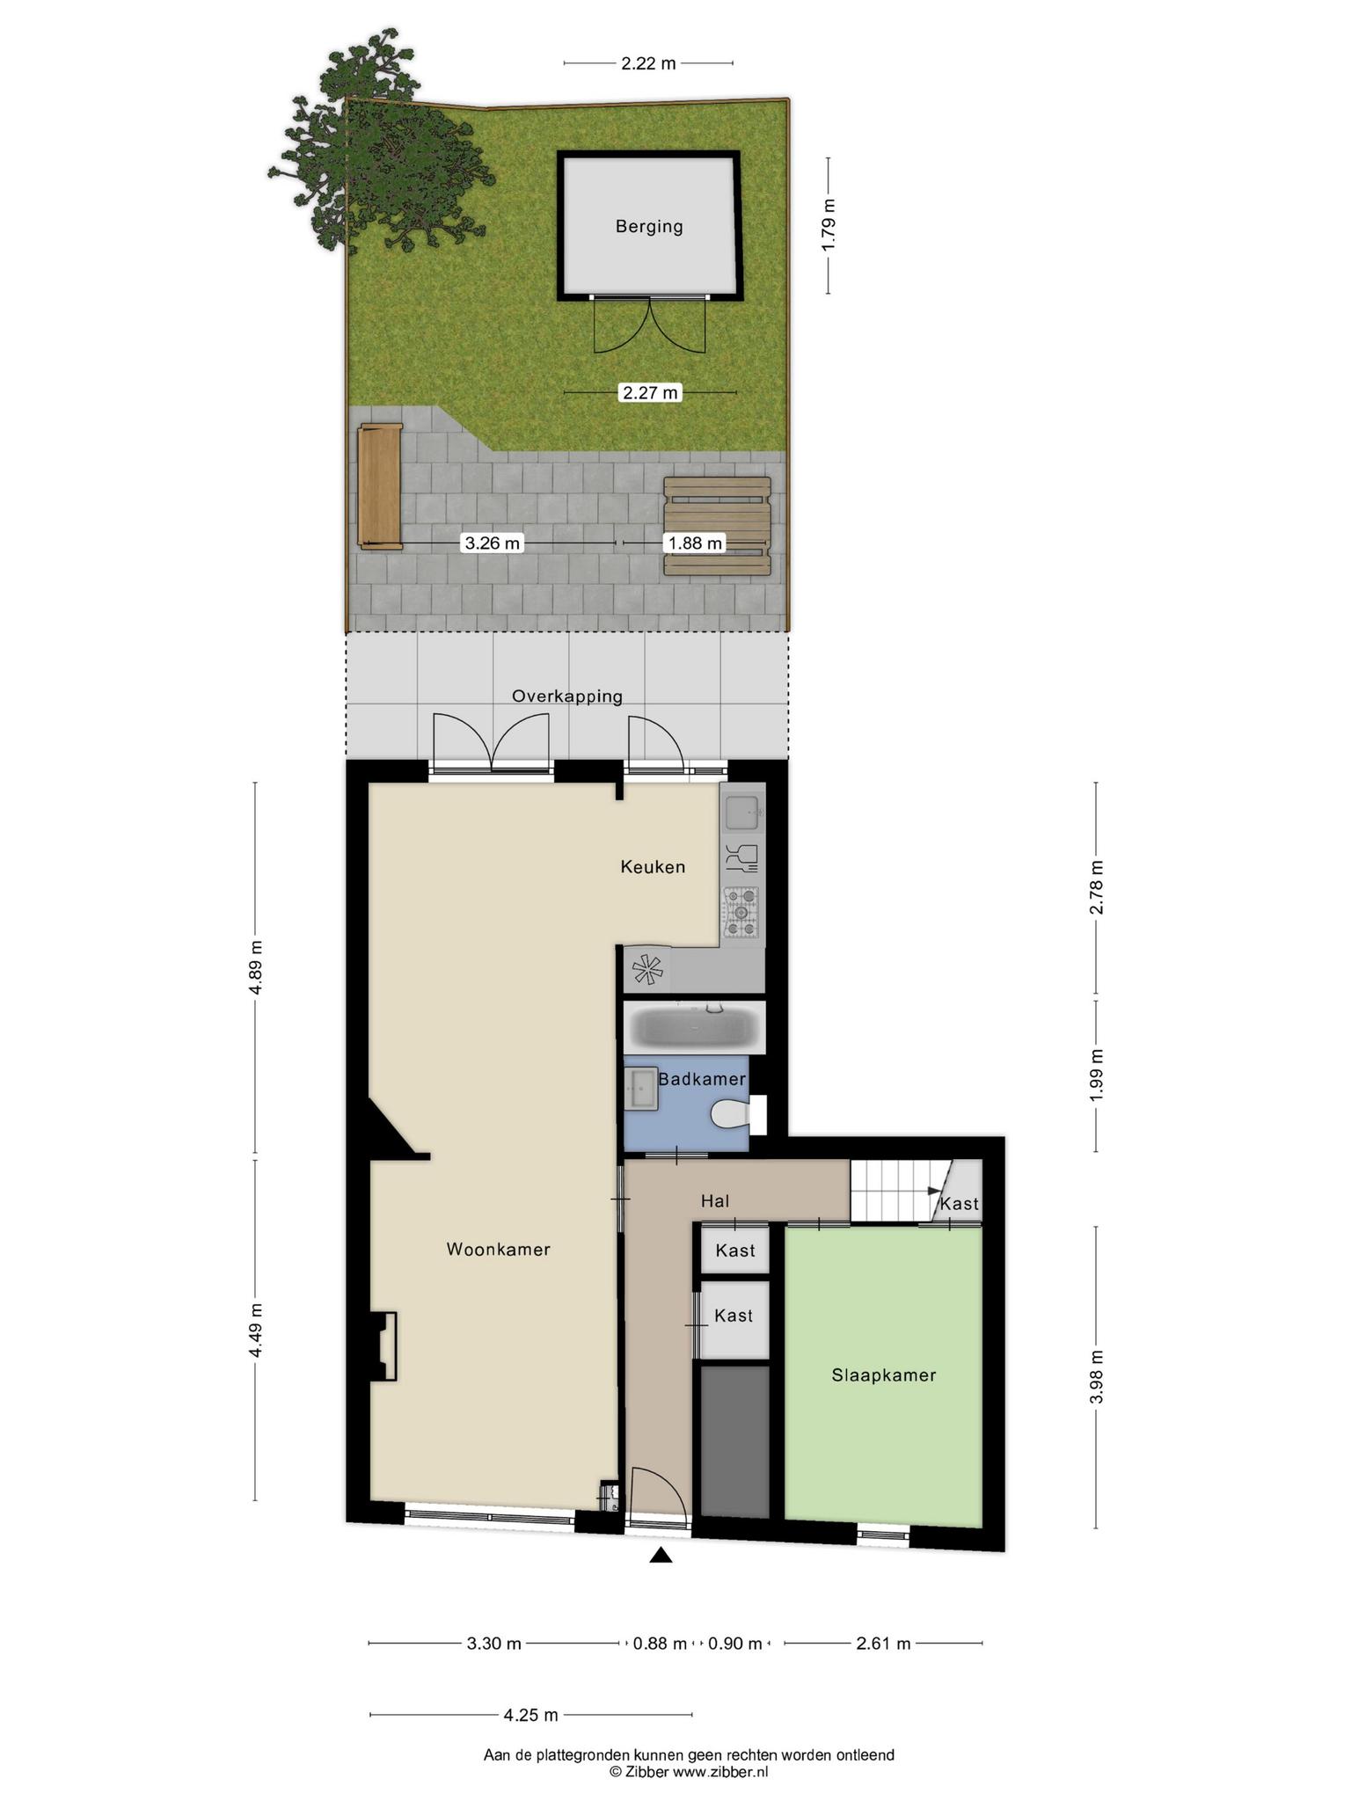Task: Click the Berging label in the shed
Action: click(x=649, y=227)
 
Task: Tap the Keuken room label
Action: click(x=653, y=867)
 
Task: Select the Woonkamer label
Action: click(x=499, y=1249)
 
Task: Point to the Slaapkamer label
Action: click(x=884, y=1375)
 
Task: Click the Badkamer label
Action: click(x=702, y=1079)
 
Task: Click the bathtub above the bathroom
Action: click(x=695, y=1027)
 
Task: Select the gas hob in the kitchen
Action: click(x=741, y=913)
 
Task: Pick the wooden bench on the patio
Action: click(x=380, y=486)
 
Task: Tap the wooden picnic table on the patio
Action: click(x=717, y=526)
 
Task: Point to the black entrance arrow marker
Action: click(x=661, y=1556)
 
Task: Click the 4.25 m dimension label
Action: click(x=530, y=1715)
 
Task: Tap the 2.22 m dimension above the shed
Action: click(x=648, y=63)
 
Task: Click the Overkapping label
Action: click(x=567, y=696)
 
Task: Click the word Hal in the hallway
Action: click(x=715, y=1200)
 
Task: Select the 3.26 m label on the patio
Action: click(x=493, y=543)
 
